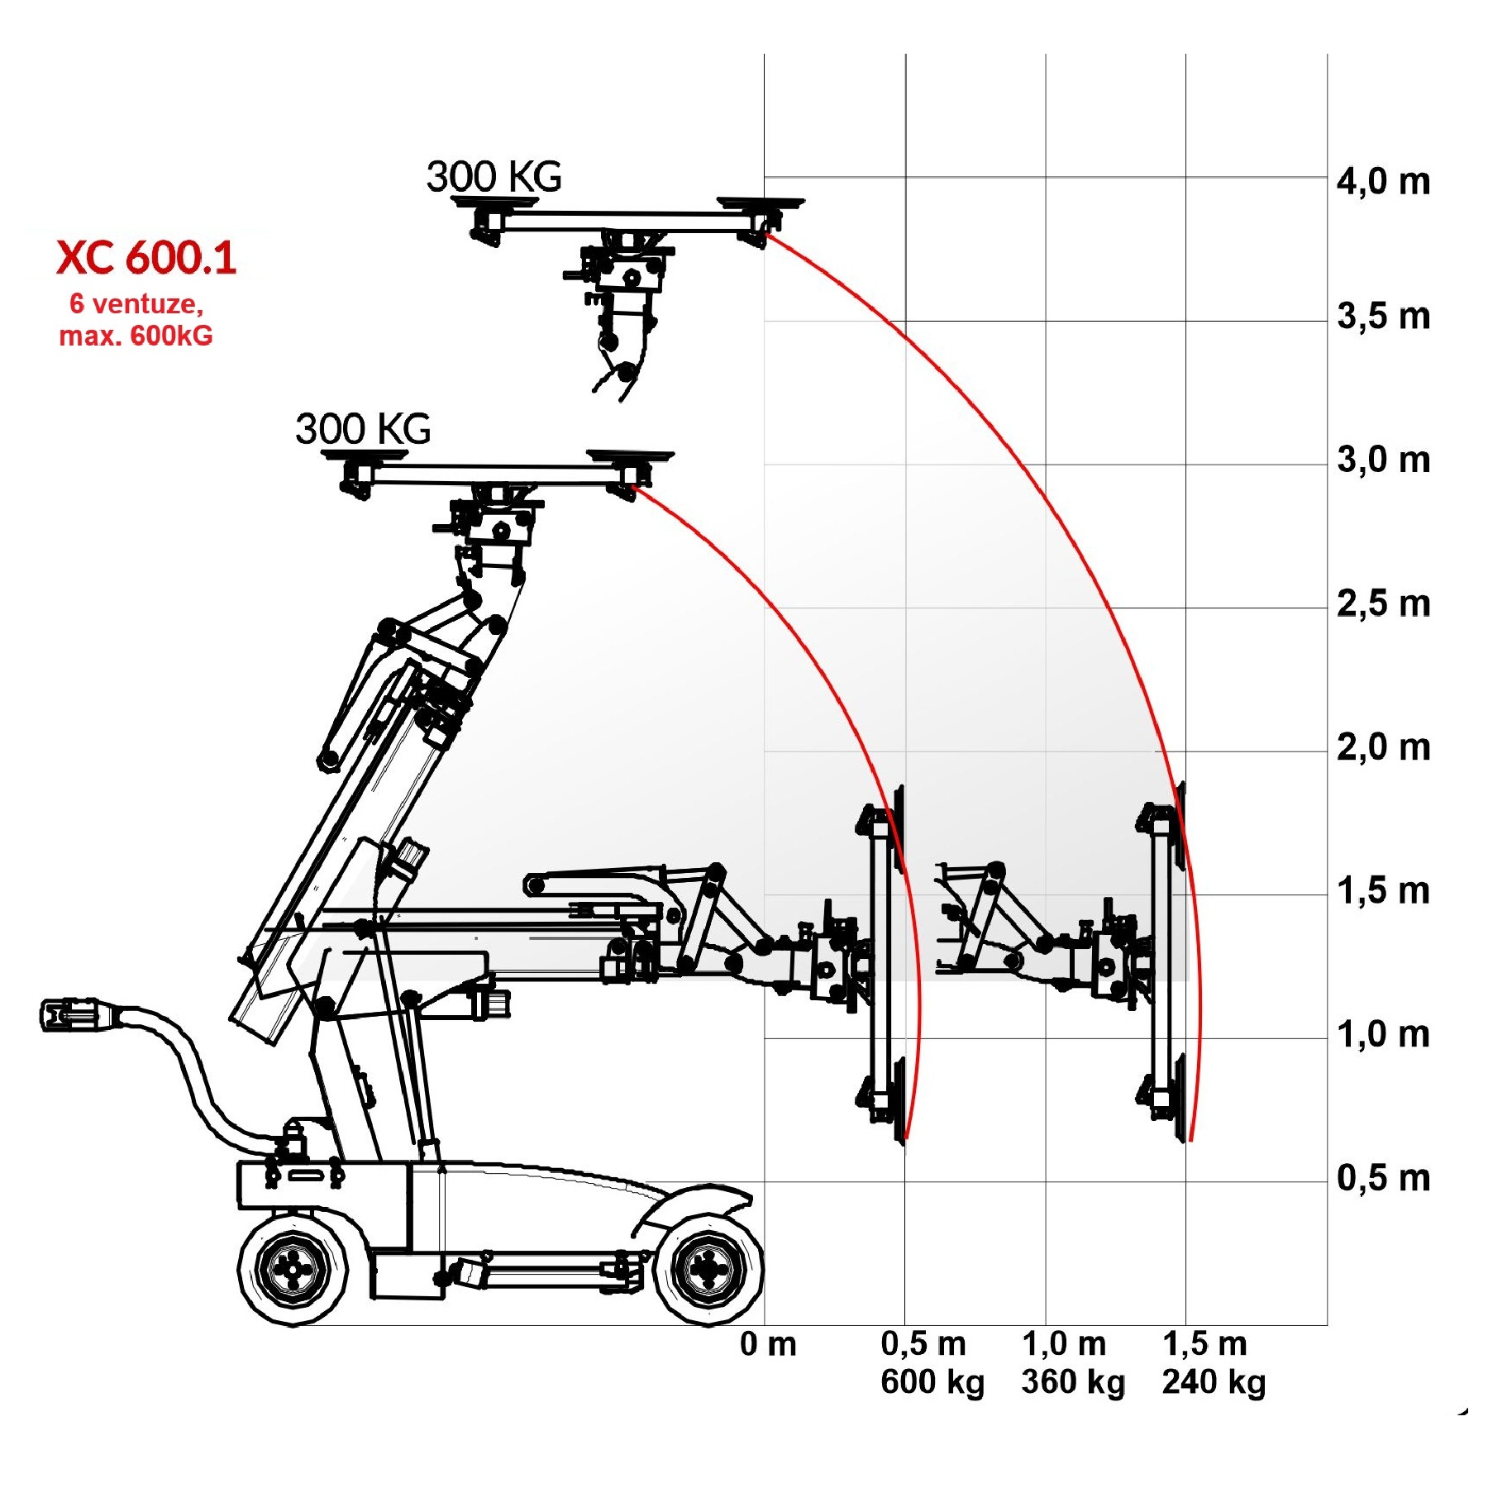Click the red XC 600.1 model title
point(147,257)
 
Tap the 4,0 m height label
point(1384,182)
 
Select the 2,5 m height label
point(1384,604)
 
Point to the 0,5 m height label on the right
point(1384,1178)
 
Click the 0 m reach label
point(768,1344)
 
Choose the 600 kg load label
point(932,1382)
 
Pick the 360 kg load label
point(1073,1382)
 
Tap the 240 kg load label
point(1214,1382)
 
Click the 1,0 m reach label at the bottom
point(1064,1344)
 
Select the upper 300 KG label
point(494,177)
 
